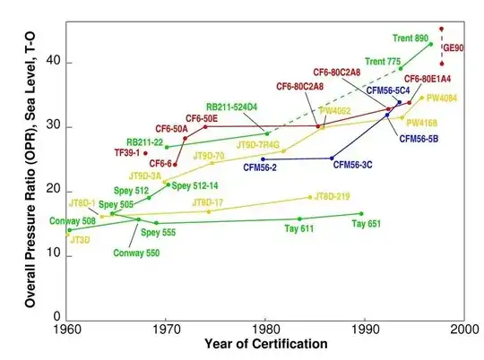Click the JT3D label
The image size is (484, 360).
coord(80,240)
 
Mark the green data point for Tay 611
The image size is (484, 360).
coord(299,219)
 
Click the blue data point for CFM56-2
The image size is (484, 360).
coord(263,159)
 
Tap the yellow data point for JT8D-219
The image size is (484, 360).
coord(310,197)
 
